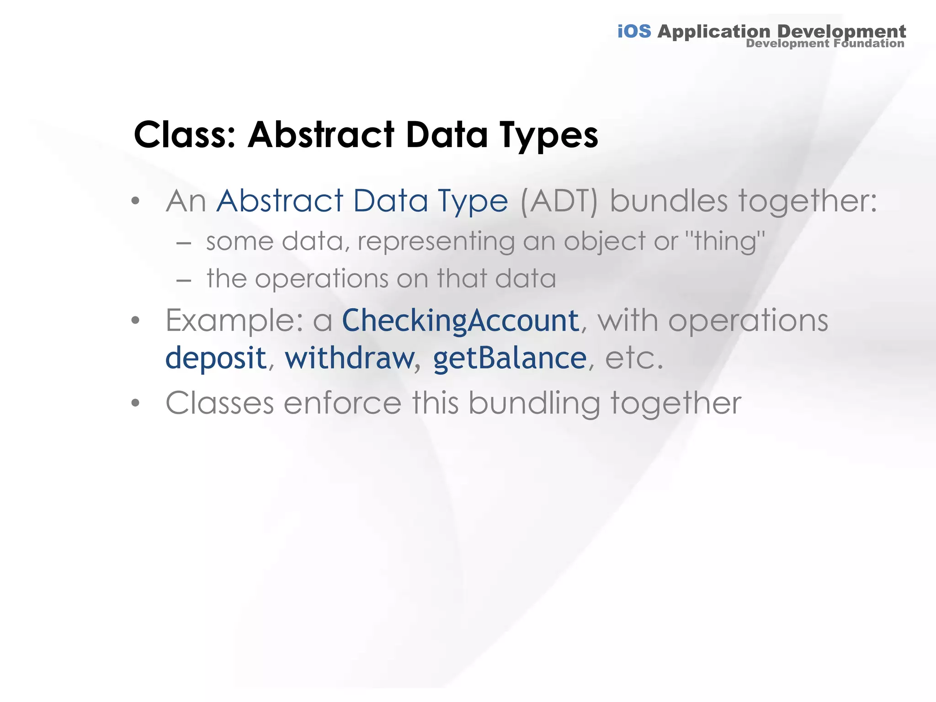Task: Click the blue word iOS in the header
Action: tap(634, 32)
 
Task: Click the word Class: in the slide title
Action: tap(185, 135)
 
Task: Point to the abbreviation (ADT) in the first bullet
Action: tap(558, 201)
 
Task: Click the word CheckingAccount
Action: tap(461, 320)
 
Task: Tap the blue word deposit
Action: tap(216, 358)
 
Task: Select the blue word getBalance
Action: tap(510, 358)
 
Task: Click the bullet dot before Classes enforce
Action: tap(135, 404)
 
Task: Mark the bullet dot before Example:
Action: tap(135, 321)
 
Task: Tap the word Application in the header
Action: tap(714, 32)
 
